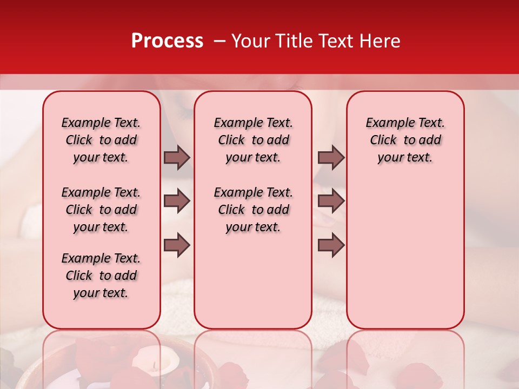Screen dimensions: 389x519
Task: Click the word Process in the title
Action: (167, 41)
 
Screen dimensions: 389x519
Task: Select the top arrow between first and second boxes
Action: (177, 157)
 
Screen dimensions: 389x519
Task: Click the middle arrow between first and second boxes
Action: (177, 201)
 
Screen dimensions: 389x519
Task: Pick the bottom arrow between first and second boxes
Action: (177, 245)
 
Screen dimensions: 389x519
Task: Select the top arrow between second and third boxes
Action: (331, 157)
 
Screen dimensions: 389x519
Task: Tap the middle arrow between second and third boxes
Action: (331, 201)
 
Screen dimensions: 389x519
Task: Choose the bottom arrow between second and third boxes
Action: (331, 245)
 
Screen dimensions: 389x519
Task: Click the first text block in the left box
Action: (101, 140)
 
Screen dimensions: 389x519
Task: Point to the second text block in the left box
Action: (101, 210)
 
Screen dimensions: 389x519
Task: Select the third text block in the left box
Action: (101, 276)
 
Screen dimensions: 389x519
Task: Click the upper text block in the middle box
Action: (253, 140)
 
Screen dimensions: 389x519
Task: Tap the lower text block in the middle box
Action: (253, 210)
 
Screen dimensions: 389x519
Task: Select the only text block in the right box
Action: (405, 140)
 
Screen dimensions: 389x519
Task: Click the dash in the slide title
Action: (219, 41)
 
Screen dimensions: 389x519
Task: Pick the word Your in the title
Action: (249, 41)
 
